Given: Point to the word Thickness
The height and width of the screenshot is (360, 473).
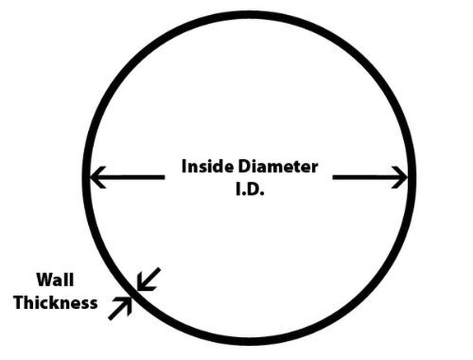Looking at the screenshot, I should [x=55, y=303].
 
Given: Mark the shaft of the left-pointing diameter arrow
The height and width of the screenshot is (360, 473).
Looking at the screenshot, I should [x=134, y=177].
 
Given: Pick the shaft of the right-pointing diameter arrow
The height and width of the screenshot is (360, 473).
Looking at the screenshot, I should [x=365, y=177].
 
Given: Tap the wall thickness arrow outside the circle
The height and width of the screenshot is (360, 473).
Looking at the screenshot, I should [x=120, y=308].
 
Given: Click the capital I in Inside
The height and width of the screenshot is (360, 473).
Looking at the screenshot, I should [x=184, y=166].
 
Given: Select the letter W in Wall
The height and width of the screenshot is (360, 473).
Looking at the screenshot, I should [x=43, y=280].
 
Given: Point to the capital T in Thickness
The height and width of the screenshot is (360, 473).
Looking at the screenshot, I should [x=18, y=303].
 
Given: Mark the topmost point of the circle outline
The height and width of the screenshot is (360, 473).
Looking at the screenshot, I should [x=249, y=14].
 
